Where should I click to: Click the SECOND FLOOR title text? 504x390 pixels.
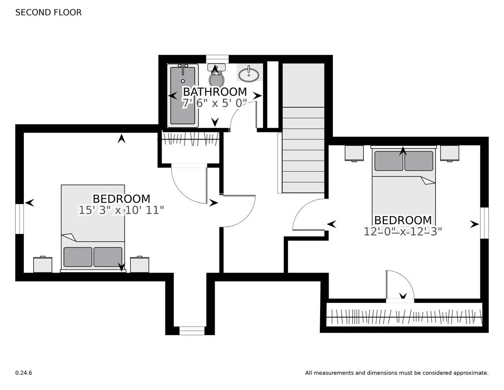(x=48, y=12)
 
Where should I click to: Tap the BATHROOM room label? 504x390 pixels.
(x=215, y=92)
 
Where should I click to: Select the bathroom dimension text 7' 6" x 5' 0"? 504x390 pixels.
(x=215, y=103)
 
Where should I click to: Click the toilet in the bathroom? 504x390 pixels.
(x=216, y=77)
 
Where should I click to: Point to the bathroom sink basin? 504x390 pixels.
(x=249, y=75)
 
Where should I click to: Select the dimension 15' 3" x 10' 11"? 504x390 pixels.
(x=121, y=210)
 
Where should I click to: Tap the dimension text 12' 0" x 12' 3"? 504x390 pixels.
(x=403, y=231)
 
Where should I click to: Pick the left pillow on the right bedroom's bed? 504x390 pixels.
(x=389, y=161)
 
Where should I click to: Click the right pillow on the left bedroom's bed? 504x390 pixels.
(x=108, y=257)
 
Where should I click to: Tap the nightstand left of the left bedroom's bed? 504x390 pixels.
(x=43, y=264)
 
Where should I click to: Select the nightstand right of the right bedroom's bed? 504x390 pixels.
(x=450, y=153)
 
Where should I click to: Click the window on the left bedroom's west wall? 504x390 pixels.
(x=19, y=219)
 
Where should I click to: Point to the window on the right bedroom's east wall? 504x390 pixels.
(x=485, y=223)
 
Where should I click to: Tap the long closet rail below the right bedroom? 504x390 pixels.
(x=404, y=316)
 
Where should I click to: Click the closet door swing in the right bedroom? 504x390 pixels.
(x=398, y=285)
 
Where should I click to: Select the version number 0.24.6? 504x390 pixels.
(x=23, y=373)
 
